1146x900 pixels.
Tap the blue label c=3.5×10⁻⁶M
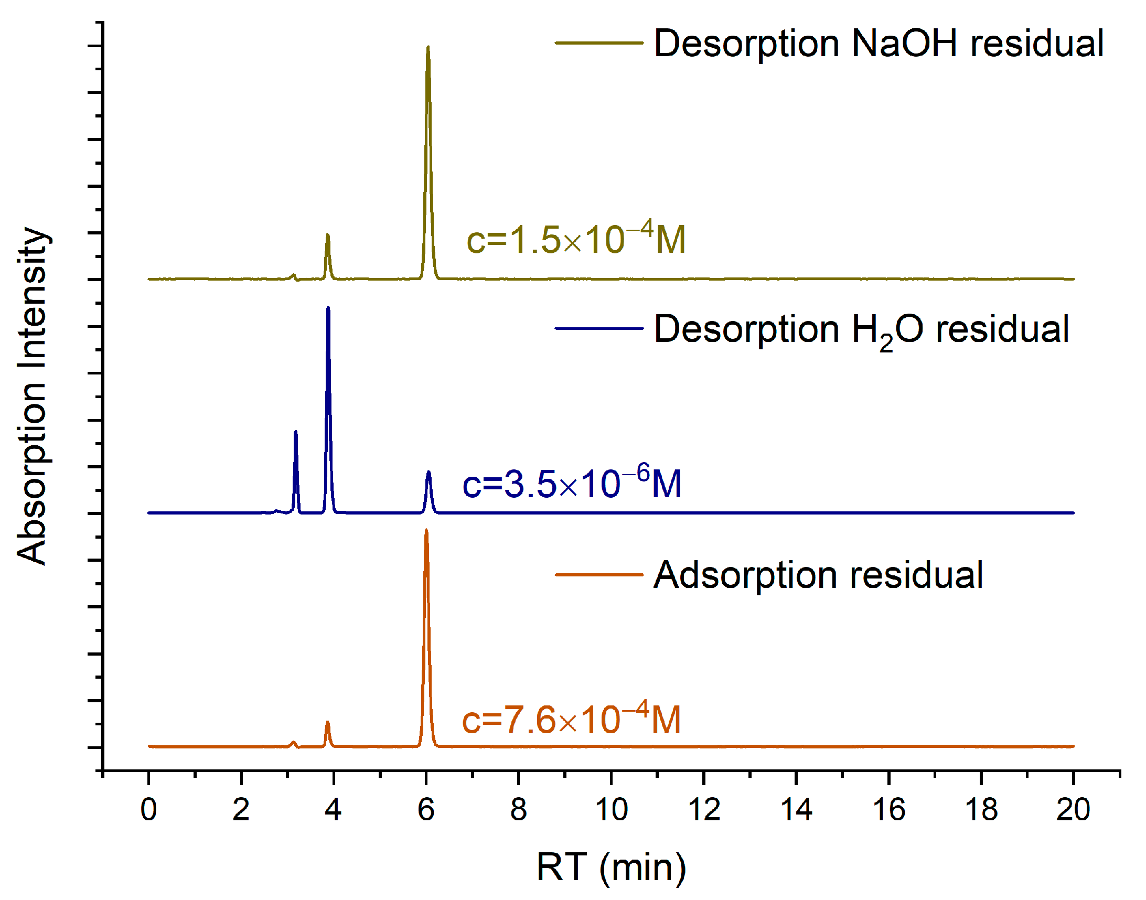click(x=572, y=483)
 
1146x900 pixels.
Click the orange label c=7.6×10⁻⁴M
click(x=571, y=719)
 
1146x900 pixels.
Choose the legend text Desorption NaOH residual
click(x=879, y=43)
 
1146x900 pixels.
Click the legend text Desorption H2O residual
click(x=861, y=330)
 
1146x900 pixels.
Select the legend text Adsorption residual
click(x=818, y=575)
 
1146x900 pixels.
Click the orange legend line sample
click(x=598, y=575)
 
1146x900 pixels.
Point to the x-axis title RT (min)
click(x=611, y=867)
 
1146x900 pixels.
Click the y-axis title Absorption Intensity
click(x=33, y=397)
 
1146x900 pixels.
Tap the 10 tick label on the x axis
click(x=611, y=809)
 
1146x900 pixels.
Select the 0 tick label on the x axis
click(x=148, y=809)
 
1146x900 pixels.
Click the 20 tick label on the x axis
click(x=1073, y=809)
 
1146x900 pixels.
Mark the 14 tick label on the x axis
click(x=796, y=809)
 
